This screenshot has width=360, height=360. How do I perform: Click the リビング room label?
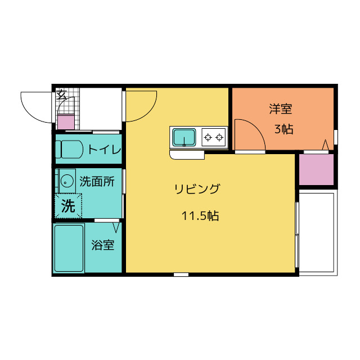coord(196,189)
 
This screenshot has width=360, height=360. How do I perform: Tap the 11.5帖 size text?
coord(200,215)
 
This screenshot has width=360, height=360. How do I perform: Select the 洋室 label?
coord(280,109)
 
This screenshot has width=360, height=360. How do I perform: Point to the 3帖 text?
coord(283,129)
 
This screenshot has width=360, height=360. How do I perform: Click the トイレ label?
coord(104,149)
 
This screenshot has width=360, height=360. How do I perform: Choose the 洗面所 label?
coord(97,181)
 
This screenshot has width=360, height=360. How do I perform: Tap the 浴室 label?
coord(103,245)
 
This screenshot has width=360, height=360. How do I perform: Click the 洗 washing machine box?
coord(68,206)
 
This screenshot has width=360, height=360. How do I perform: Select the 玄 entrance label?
coord(61,95)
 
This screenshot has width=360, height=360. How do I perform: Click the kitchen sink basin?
coord(184,137)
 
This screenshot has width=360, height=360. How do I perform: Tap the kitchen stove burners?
coord(214,136)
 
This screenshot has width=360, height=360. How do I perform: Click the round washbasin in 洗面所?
coord(66,181)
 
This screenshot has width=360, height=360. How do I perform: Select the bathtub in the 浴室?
coord(69,248)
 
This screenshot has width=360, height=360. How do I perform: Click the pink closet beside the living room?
coord(317,169)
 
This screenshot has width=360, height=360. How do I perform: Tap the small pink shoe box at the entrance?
coord(66,122)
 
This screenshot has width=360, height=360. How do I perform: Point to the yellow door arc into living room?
coord(141,106)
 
